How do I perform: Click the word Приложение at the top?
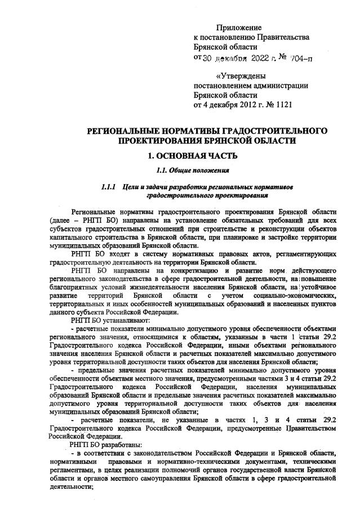pos(239,27)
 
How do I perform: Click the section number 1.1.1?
pos(108,186)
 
